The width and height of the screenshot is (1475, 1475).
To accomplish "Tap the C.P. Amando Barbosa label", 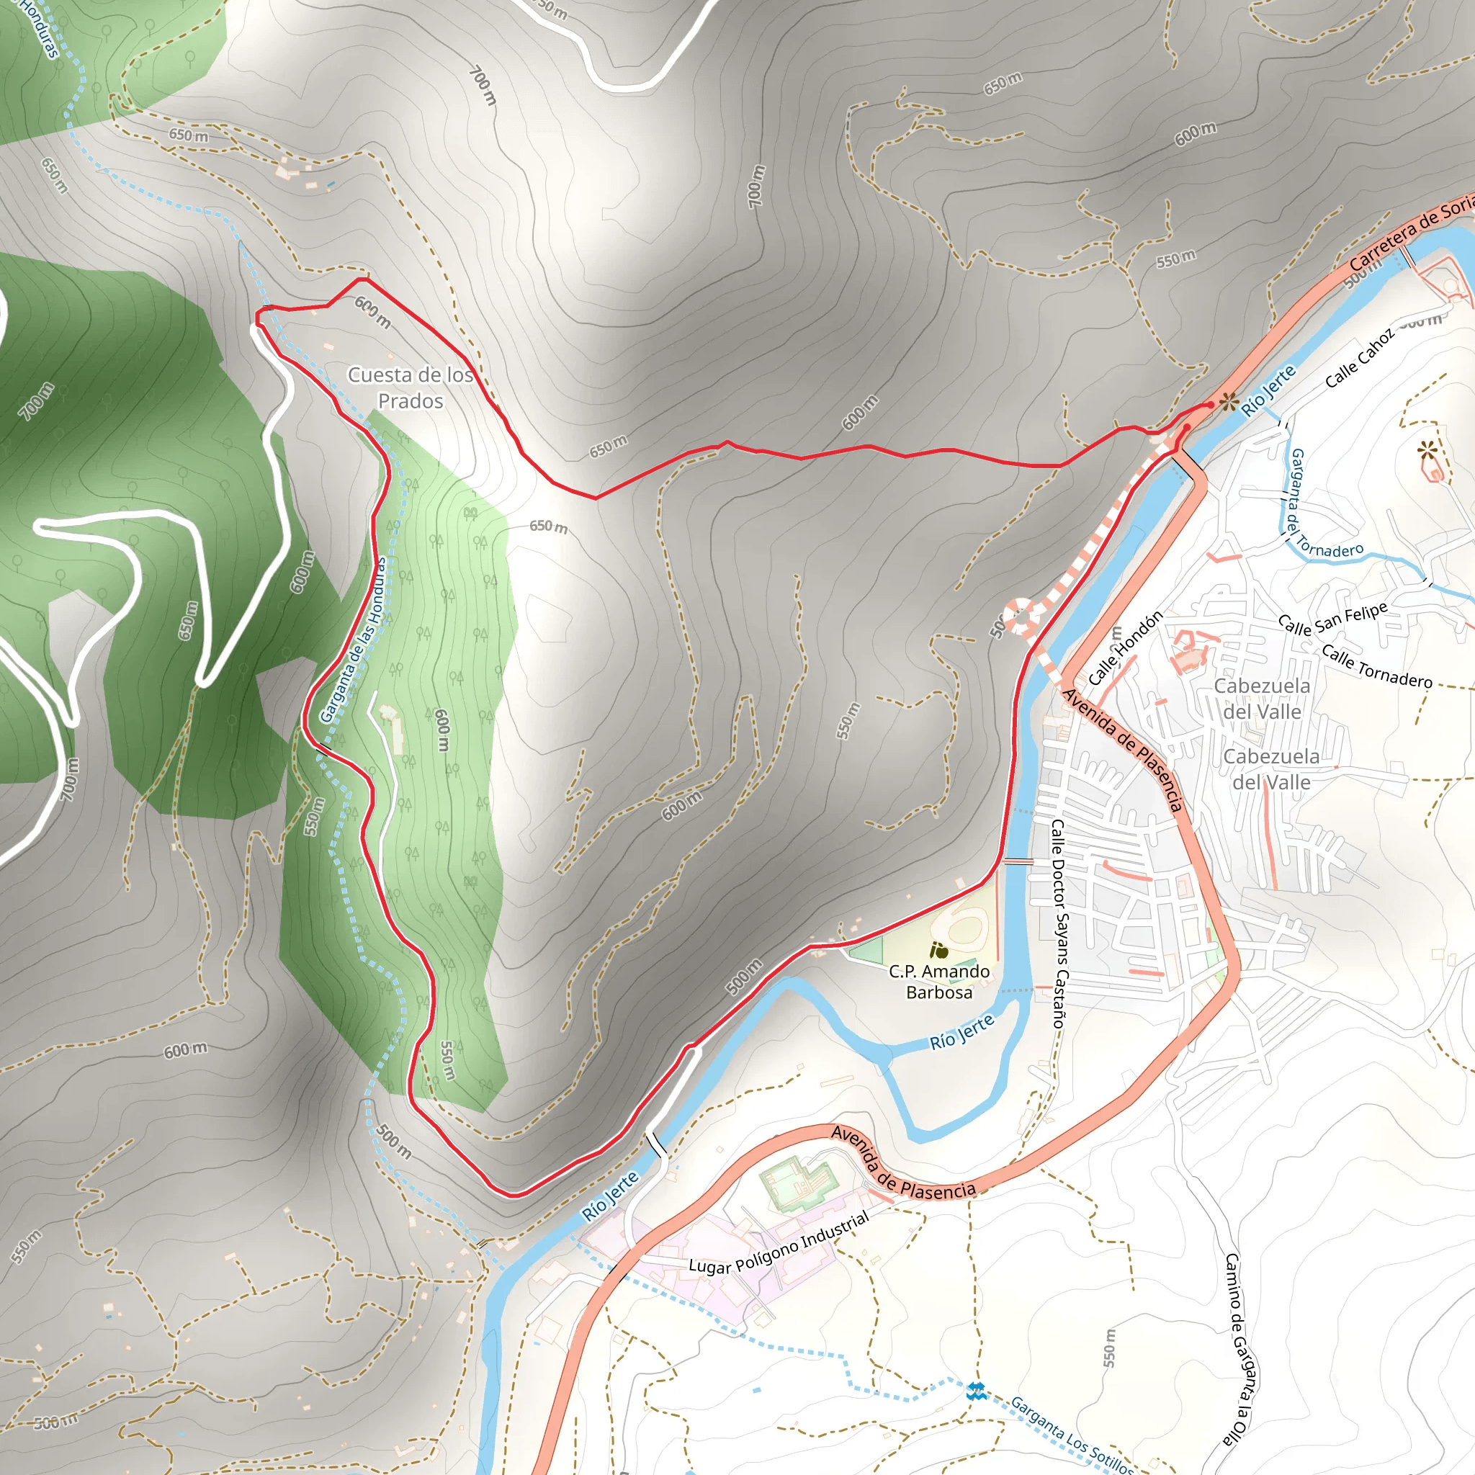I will click(x=939, y=982).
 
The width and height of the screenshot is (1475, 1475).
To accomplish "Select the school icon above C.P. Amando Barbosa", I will click(x=940, y=951).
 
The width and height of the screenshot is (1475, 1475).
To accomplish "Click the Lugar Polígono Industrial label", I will click(x=779, y=1243).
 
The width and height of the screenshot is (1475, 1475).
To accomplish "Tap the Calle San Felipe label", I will click(x=1333, y=619).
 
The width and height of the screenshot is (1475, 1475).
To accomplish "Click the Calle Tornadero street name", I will click(x=1376, y=666).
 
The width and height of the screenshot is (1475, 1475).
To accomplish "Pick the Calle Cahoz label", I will click(x=1359, y=357).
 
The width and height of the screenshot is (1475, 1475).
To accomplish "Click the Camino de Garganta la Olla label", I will click(x=1237, y=1350).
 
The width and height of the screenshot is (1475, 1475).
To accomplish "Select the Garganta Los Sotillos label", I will click(x=1072, y=1436).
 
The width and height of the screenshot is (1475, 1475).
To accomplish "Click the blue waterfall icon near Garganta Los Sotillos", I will click(x=975, y=1391).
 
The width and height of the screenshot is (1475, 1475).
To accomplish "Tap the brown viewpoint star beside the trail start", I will click(x=1229, y=403).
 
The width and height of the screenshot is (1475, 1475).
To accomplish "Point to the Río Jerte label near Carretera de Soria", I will click(x=1268, y=390).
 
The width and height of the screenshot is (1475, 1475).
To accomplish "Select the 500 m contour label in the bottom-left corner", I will click(x=55, y=1422).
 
